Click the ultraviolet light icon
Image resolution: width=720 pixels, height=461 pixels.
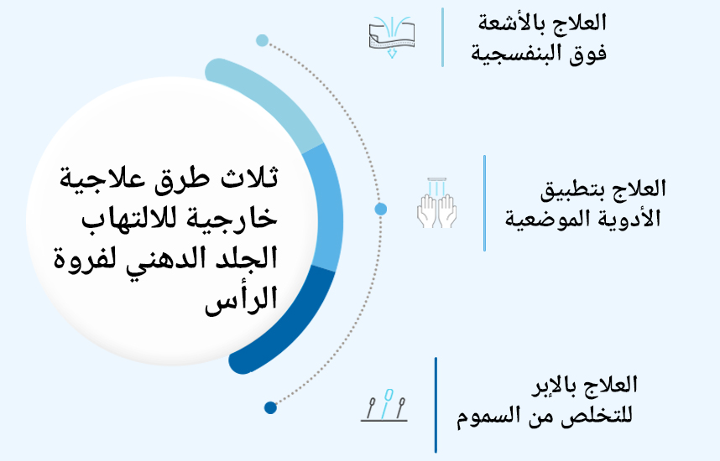point(392,35)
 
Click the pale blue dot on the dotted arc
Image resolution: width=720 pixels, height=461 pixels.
point(262,40)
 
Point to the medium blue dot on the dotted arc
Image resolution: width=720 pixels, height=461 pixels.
point(380,209)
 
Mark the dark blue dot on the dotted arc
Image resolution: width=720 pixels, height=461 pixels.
point(269,408)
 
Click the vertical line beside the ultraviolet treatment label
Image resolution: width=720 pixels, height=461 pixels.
point(442,37)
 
